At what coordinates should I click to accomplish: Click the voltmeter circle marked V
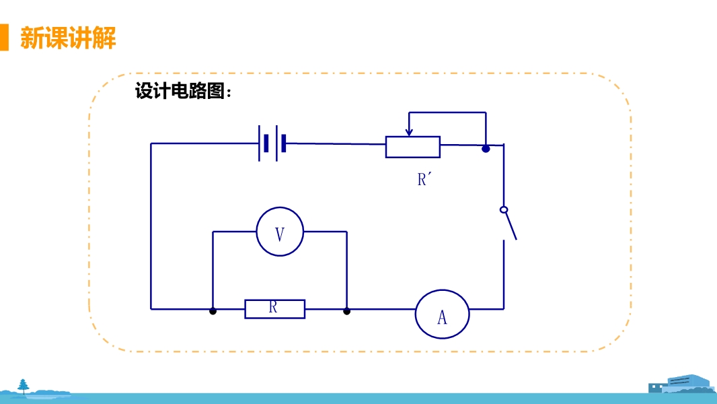[x=280, y=232]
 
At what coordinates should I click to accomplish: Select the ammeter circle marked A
[x=442, y=314]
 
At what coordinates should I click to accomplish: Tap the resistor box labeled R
[x=274, y=309]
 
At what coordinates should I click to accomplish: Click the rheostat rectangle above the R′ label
[x=412, y=147]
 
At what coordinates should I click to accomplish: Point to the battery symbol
[x=272, y=143]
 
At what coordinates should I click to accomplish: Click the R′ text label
[x=423, y=180]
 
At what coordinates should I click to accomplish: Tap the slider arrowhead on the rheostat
[x=408, y=131]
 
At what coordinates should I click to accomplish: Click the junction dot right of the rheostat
[x=486, y=148]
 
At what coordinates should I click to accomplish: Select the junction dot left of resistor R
[x=213, y=311]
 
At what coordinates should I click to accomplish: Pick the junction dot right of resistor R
[x=346, y=311]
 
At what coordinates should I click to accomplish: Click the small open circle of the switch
[x=503, y=209]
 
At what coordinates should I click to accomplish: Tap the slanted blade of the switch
[x=511, y=226]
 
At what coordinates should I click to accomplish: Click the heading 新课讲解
[x=68, y=38]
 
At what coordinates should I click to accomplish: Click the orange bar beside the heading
[x=4, y=38]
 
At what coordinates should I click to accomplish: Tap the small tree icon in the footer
[x=24, y=385]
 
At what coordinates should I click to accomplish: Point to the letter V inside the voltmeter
[x=280, y=234]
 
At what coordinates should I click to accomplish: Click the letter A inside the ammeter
[x=442, y=317]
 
